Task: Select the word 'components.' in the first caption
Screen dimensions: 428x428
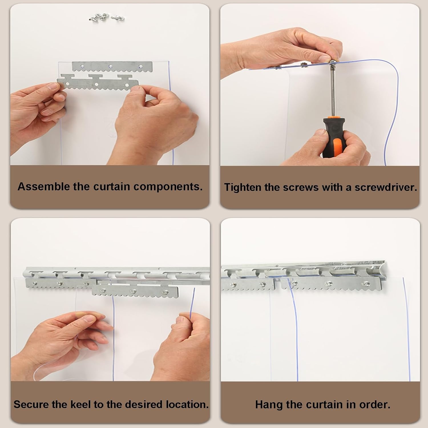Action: [168, 187]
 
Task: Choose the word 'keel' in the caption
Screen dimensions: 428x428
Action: [95, 404]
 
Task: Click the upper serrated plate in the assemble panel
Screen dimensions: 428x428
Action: [112, 66]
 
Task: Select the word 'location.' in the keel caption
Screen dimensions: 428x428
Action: [186, 404]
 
